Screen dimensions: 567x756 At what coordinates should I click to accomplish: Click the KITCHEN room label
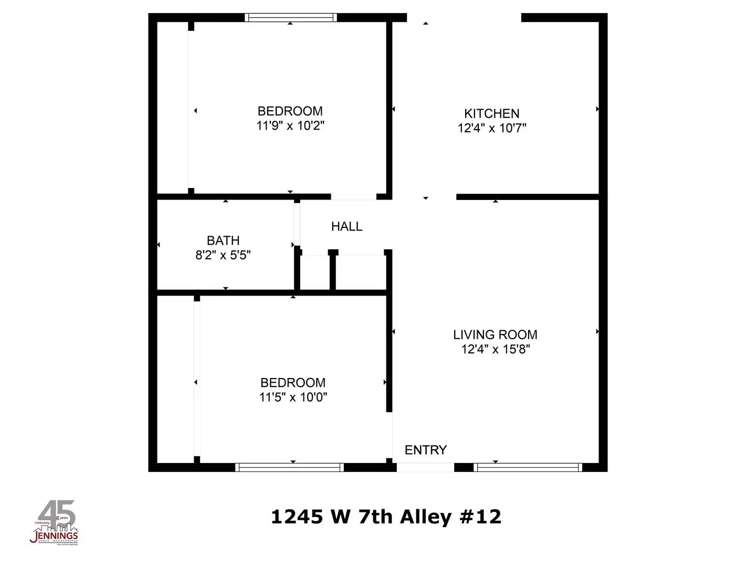click(x=491, y=113)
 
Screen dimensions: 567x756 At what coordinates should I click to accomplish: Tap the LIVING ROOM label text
click(x=495, y=334)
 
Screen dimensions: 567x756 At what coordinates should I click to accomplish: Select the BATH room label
click(x=223, y=240)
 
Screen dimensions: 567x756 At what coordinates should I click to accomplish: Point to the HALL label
click(x=346, y=226)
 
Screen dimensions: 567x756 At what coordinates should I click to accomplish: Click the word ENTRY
click(x=426, y=450)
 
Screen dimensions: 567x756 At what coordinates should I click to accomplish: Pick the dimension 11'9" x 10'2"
click(x=290, y=126)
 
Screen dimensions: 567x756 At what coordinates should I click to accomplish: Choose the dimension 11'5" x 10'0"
click(x=293, y=397)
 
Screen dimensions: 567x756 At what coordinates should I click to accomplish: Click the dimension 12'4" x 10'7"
click(x=491, y=128)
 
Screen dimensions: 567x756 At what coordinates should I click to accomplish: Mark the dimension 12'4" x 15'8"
click(x=495, y=349)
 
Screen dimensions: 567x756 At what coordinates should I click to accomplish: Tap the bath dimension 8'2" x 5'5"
click(x=223, y=256)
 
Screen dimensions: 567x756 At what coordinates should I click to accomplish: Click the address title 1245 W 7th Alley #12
click(x=386, y=517)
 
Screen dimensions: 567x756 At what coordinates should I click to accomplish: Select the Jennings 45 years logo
click(x=55, y=523)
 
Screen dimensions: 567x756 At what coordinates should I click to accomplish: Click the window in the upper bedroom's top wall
click(x=291, y=17)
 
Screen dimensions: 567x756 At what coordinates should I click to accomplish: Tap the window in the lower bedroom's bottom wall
click(x=290, y=467)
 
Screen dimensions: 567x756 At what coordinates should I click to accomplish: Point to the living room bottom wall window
click(x=528, y=467)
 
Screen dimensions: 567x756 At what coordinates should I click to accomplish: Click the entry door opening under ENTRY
click(x=425, y=467)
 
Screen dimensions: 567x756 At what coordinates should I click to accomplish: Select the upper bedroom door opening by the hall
click(x=353, y=197)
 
